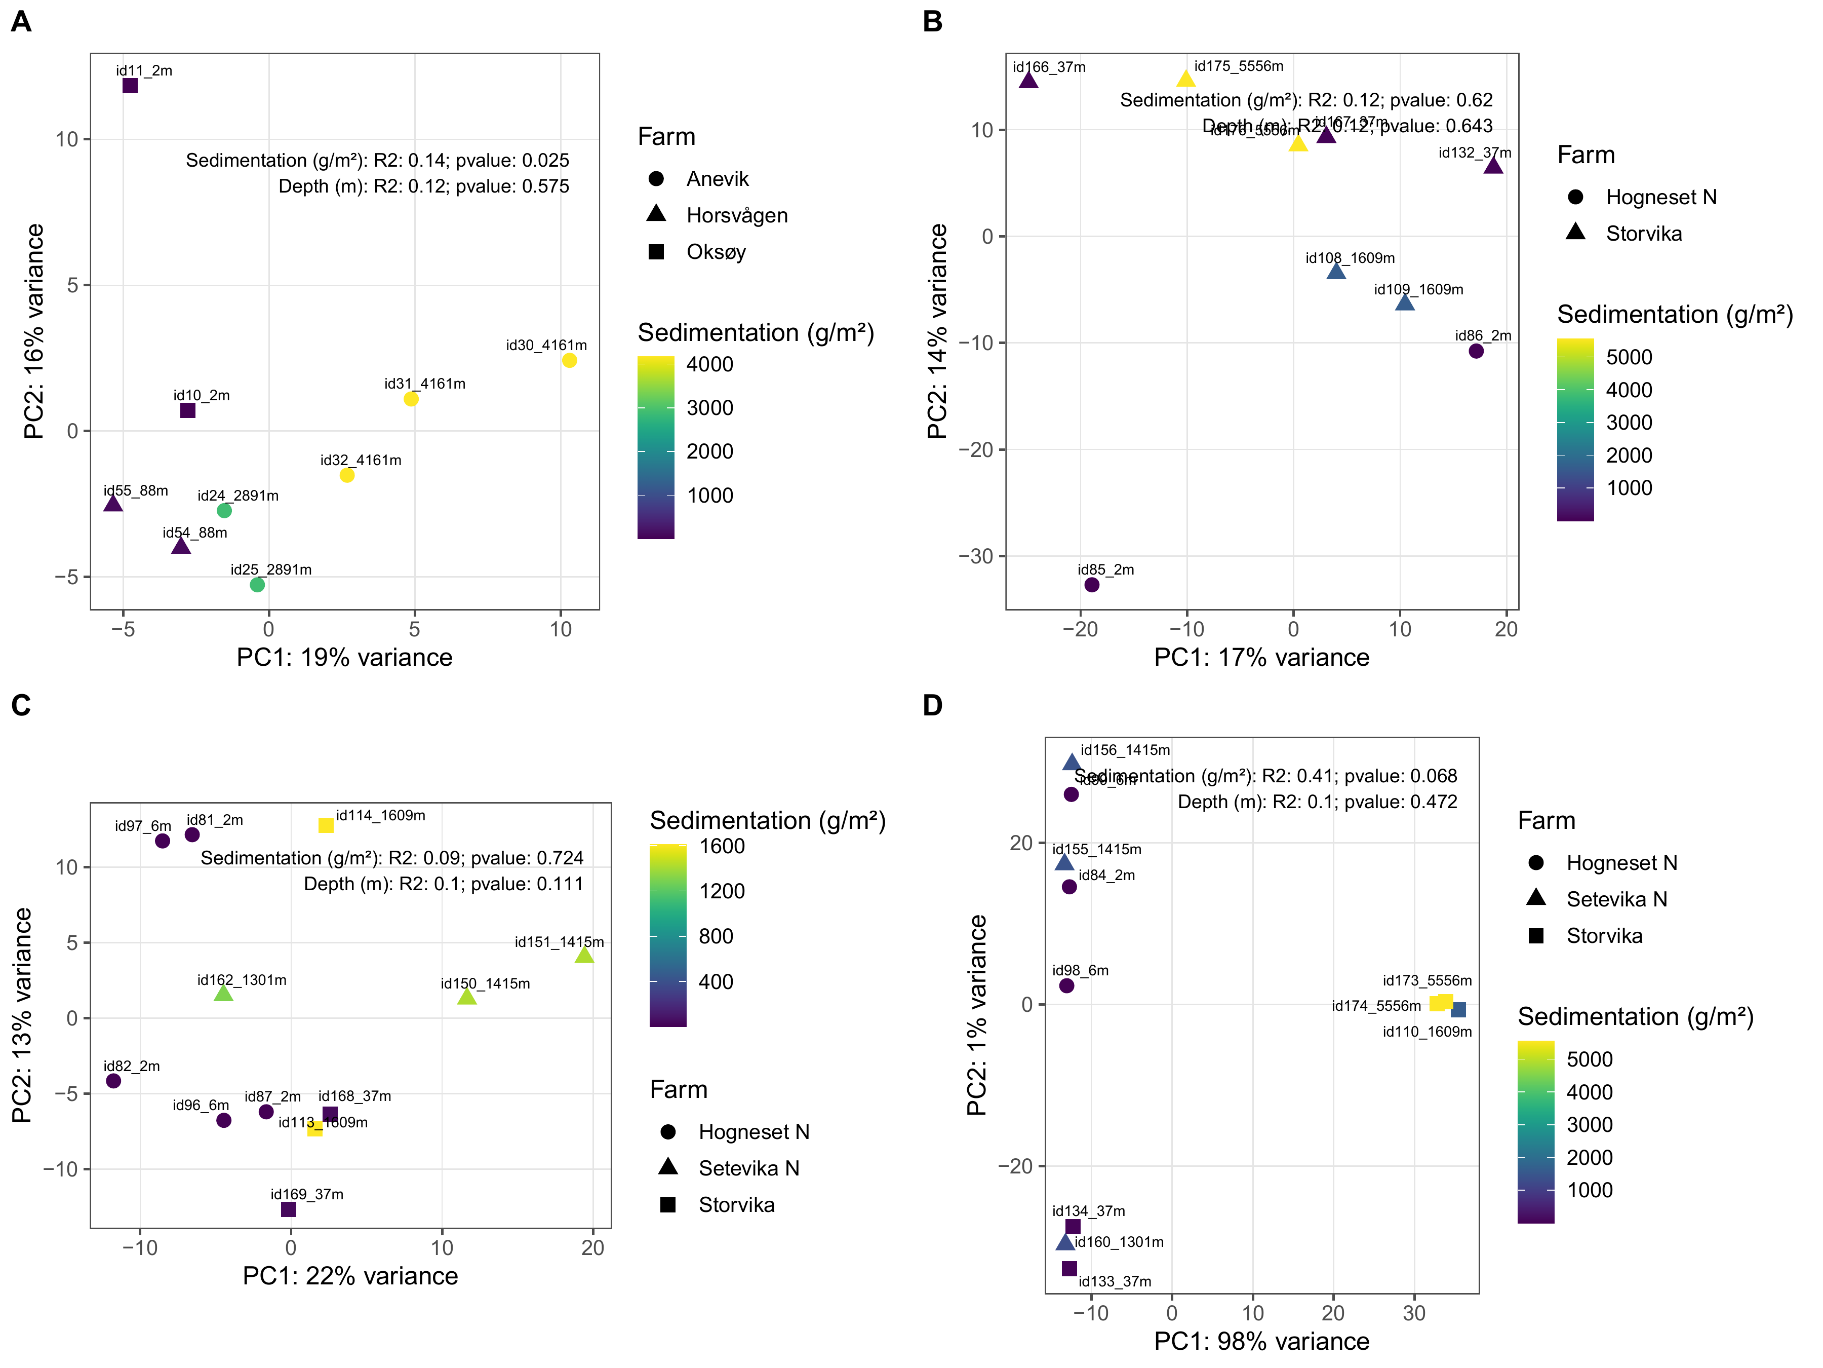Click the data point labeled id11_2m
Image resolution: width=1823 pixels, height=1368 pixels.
pos(130,86)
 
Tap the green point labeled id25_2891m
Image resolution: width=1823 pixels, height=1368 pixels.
pos(257,585)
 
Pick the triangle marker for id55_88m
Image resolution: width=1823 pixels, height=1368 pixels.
pos(113,503)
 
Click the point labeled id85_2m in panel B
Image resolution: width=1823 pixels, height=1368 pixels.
pos(1092,585)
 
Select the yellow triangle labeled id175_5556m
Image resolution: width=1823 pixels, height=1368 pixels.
pos(1186,79)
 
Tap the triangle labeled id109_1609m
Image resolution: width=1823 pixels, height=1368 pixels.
pos(1405,302)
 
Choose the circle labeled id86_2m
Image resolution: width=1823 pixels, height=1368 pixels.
pos(1476,351)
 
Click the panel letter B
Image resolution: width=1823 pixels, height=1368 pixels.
pos(933,21)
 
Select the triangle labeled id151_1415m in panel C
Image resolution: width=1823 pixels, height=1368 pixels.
pos(584,956)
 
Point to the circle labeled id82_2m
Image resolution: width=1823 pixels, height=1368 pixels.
pos(114,1081)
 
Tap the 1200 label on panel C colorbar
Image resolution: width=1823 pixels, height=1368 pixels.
pos(722,891)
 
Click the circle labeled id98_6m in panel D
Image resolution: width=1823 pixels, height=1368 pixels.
pos(1066,986)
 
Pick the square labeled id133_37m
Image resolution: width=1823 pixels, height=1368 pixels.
pos(1069,1268)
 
